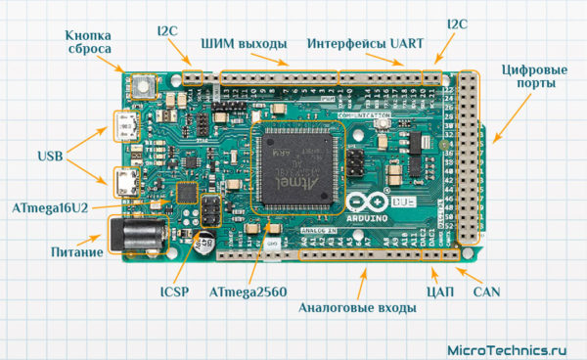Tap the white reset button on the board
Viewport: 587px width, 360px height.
(144, 86)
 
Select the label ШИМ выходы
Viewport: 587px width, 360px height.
(244, 45)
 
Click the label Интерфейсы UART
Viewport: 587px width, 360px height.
(365, 45)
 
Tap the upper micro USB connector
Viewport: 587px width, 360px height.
(125, 125)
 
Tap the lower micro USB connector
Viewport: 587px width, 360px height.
(125, 182)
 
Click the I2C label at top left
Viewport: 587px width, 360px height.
(169, 29)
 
